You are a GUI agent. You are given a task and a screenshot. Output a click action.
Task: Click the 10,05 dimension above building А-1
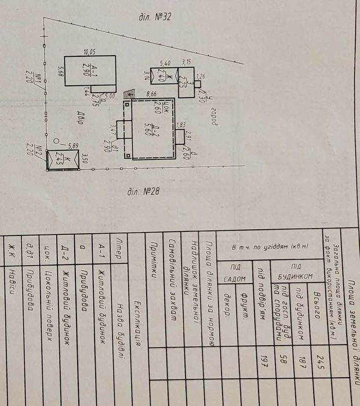pos(89,52)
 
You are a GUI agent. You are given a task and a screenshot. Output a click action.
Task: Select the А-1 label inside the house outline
pos(85,70)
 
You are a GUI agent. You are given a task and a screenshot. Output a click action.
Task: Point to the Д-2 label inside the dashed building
pos(150,128)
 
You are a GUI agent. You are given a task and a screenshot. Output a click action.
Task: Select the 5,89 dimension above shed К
pos(73,146)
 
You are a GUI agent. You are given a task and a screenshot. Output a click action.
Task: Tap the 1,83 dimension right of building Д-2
pos(181,125)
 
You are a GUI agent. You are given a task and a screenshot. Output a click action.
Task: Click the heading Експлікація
pos(138,321)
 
